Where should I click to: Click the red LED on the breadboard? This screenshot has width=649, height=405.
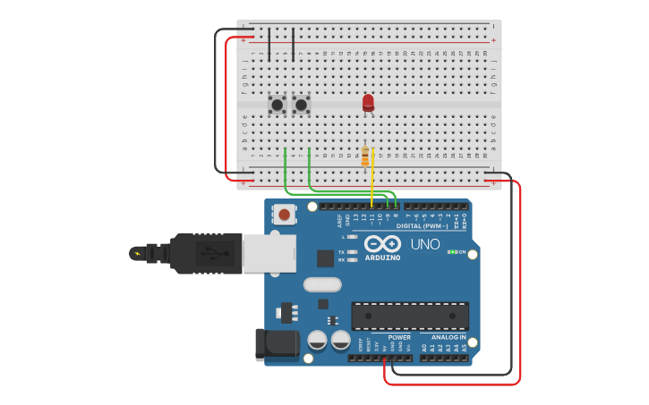click(x=368, y=103)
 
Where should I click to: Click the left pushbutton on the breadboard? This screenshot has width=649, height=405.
click(x=278, y=105)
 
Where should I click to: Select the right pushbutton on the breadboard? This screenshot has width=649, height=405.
click(x=302, y=105)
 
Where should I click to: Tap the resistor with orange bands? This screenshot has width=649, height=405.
click(x=364, y=156)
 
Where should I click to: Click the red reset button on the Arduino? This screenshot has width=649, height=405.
click(x=285, y=214)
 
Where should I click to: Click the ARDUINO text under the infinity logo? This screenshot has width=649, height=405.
click(x=382, y=257)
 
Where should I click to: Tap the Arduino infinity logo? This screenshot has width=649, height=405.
click(x=382, y=243)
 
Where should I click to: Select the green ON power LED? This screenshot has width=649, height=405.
click(x=453, y=252)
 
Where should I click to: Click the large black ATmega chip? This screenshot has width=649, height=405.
click(x=410, y=316)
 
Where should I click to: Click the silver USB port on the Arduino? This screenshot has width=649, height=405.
click(x=269, y=253)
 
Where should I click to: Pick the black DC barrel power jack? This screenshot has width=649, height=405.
click(x=277, y=345)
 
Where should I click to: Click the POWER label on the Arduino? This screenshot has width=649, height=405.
click(x=399, y=337)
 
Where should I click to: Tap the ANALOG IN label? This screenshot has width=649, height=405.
click(x=448, y=337)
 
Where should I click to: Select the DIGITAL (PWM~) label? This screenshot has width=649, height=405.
click(x=422, y=226)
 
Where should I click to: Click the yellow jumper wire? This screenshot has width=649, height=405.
click(x=372, y=179)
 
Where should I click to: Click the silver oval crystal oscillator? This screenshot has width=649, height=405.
click(x=322, y=285)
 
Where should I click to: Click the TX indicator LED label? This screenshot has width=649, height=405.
click(x=342, y=252)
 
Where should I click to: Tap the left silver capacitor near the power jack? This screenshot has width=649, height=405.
click(x=317, y=340)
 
